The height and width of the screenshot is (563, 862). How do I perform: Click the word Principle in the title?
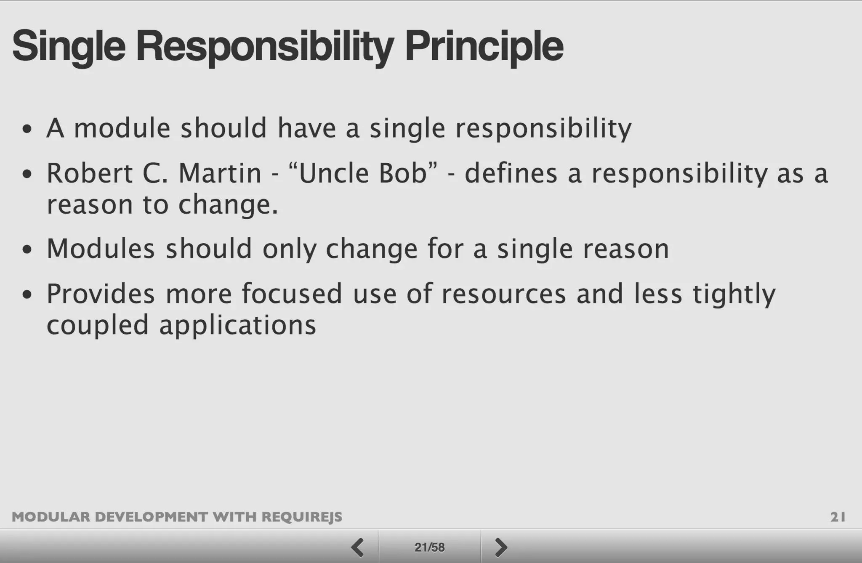[x=484, y=46]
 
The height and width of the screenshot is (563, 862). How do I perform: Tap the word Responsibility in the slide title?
[x=265, y=46]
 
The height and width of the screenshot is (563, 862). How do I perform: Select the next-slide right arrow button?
[x=501, y=547]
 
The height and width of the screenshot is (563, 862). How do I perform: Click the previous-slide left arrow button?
[x=358, y=547]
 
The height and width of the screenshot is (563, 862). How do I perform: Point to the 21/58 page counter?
[x=429, y=547]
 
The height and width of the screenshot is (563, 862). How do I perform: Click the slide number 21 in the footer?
[x=838, y=517]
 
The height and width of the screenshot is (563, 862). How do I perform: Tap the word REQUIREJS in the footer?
[x=302, y=517]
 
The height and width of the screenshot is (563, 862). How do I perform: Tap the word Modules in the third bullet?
[x=101, y=249]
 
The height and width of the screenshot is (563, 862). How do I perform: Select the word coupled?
[x=98, y=325]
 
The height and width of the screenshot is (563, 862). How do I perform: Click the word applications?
[x=237, y=325]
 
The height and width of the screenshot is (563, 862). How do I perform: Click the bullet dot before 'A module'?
[x=27, y=129]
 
